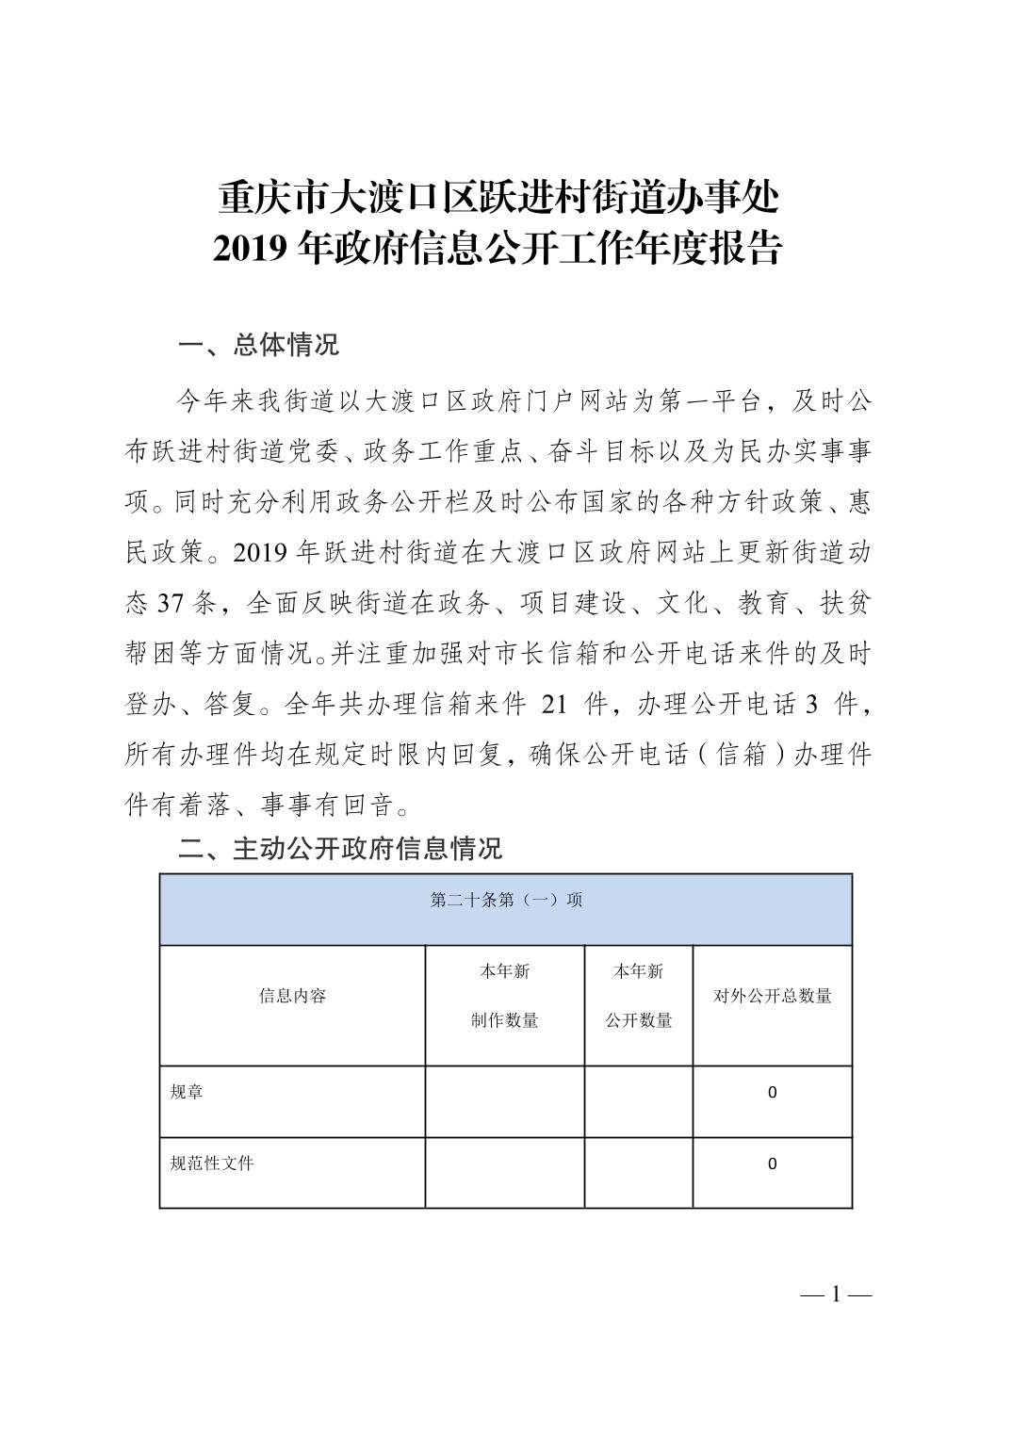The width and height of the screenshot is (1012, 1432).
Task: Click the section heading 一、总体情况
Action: pos(258,345)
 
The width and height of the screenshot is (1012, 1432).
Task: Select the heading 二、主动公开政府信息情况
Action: pos(340,848)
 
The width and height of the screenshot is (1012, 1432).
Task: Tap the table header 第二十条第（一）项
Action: pos(506,900)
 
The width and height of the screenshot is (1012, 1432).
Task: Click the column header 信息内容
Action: pos(292,996)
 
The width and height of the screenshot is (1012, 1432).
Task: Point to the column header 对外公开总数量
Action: pos(772,996)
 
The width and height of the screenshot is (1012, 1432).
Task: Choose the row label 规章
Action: pos(187,1092)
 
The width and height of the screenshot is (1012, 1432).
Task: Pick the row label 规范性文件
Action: pos(212,1163)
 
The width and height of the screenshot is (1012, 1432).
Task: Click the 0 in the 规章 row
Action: pos(772,1093)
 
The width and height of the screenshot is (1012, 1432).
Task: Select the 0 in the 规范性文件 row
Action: pos(772,1164)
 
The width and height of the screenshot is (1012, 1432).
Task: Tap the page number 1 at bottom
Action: pos(836,1294)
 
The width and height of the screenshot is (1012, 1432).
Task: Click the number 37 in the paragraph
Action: pos(172,602)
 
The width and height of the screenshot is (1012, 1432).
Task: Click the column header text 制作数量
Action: pos(504,1020)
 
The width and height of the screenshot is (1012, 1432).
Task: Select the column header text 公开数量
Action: pos(638,1020)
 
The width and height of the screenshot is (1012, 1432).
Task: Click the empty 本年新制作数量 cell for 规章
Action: pos(504,1100)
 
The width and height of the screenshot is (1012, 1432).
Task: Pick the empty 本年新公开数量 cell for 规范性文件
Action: pos(638,1172)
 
